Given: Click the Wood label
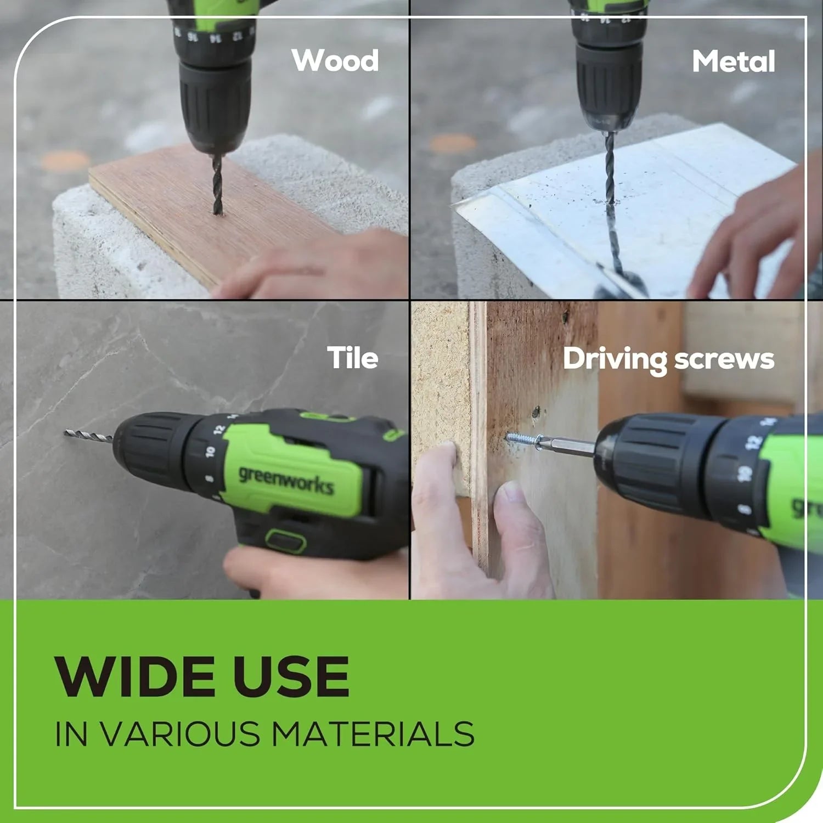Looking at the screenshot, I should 335,60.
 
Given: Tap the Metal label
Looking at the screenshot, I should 733,61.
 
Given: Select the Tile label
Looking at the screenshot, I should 353,358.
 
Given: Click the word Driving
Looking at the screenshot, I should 615,360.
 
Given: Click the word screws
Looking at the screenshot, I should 724,359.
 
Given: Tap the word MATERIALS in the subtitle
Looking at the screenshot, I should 373,734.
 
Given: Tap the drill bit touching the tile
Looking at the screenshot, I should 88,437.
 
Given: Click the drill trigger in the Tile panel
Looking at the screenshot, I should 285,540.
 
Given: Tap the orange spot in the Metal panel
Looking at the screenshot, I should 453,144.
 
